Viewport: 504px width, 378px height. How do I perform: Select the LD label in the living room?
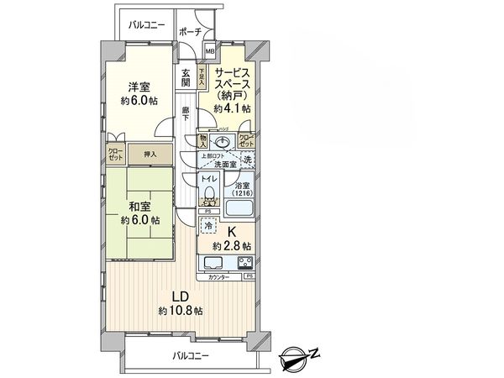click(181, 297)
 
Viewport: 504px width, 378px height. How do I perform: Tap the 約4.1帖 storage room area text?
click(234, 108)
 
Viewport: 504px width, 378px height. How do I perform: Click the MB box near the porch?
click(210, 50)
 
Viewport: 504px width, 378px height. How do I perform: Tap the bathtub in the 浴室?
click(239, 194)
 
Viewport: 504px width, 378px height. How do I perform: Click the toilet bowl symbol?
click(212, 198)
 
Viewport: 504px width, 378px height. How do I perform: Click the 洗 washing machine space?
click(247, 160)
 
